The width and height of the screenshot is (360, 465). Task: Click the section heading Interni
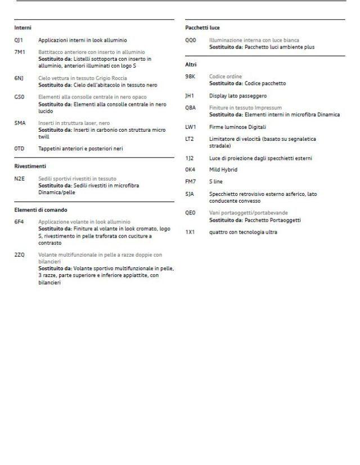coord(22,28)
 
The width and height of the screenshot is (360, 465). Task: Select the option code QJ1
coord(19,41)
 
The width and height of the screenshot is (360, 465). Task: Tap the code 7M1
coord(20,52)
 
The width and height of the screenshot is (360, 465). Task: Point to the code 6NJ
coord(19,78)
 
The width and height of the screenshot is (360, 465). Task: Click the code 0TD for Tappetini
coord(20,149)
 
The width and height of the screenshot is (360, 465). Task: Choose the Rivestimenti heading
coord(30,166)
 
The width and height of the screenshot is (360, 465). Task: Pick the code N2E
coord(20,179)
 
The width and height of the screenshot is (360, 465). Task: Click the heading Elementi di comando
coord(40,210)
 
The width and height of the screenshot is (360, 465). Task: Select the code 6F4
coord(19,222)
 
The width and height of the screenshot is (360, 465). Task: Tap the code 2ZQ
coord(20,255)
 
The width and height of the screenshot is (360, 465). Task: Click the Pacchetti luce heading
coord(202,28)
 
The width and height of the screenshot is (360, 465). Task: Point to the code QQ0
coord(191,41)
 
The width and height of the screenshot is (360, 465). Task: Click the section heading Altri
coord(191,65)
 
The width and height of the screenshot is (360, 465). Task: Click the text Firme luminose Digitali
coord(237,127)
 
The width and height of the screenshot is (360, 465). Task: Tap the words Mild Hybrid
coord(223,170)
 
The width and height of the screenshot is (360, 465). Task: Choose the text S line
coord(216,181)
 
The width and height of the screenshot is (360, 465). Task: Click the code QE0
coord(190,213)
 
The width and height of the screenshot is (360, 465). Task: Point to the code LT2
coord(190,139)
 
